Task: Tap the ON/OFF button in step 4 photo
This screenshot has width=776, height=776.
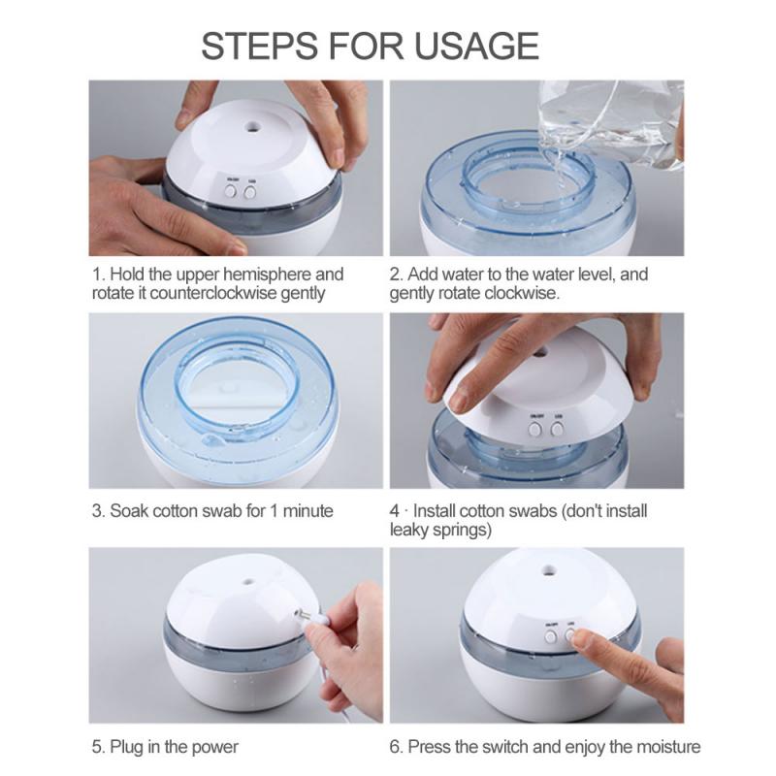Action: click(534, 427)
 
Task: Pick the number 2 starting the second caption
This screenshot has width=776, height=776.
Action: click(395, 275)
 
